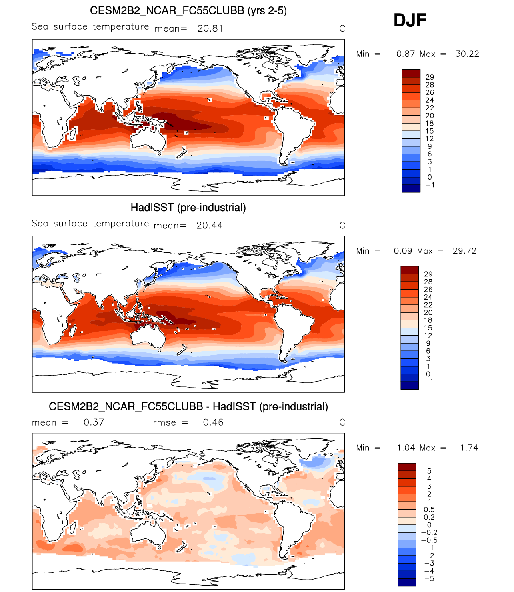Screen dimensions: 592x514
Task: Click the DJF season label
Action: click(410, 20)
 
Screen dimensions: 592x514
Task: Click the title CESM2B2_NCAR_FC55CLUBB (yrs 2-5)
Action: click(188, 11)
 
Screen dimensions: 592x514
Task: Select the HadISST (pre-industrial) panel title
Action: click(188, 208)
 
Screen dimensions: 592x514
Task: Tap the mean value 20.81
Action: click(210, 28)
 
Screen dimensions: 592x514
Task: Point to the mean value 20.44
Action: click(209, 226)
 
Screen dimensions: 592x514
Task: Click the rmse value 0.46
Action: click(213, 422)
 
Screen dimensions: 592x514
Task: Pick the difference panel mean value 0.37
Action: click(94, 422)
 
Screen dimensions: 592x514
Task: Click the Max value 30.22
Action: click(467, 54)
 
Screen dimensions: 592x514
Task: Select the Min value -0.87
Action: click(402, 54)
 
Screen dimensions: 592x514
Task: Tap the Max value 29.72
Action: click(464, 251)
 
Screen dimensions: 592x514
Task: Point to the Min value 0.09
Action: click(403, 251)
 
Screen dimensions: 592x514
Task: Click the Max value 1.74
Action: click(469, 448)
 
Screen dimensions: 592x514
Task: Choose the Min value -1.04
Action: click(402, 448)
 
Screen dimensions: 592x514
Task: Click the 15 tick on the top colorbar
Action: click(430, 131)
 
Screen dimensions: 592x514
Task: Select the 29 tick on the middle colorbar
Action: click(428, 274)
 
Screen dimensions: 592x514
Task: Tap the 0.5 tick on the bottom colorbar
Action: click(429, 510)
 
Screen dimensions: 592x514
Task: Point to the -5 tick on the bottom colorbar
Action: click(429, 579)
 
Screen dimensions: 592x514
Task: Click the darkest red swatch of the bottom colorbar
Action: click(407, 467)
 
